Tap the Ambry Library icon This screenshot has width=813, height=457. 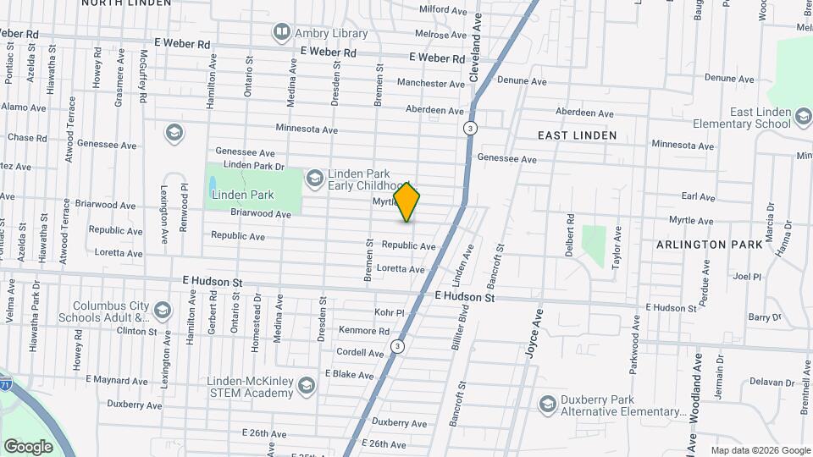[281, 33]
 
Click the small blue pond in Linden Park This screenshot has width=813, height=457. [213, 182]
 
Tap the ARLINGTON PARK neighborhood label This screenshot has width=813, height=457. [703, 244]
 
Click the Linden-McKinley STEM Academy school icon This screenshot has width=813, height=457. [306, 387]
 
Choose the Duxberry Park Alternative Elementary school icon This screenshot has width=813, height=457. [546, 405]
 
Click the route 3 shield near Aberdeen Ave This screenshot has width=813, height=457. [470, 129]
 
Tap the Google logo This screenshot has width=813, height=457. [28, 446]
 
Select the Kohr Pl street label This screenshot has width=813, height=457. [389, 313]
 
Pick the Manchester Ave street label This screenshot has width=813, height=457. [433, 84]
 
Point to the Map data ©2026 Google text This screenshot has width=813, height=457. [760, 450]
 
